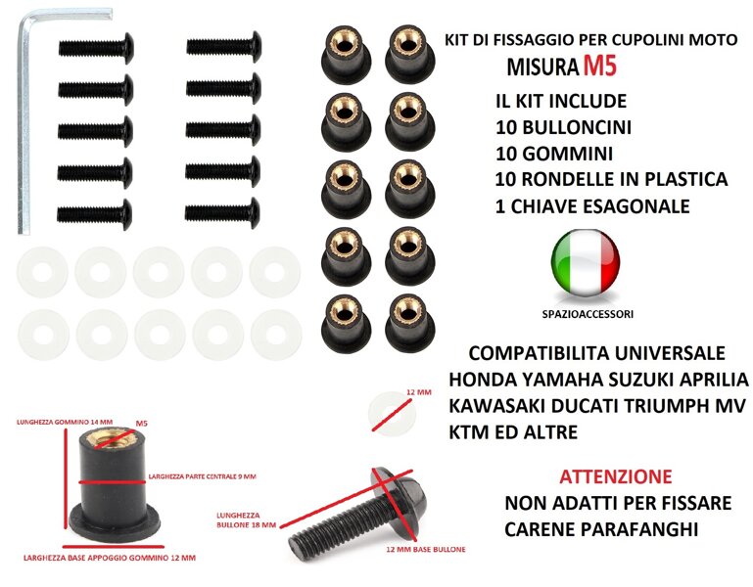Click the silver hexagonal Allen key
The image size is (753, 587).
[x=24, y=125]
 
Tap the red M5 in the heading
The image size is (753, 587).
[x=599, y=66]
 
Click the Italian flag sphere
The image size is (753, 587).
[x=585, y=262]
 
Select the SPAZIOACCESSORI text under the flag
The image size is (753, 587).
[x=588, y=314]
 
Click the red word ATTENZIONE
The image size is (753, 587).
[x=616, y=476]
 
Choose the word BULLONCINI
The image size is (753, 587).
[x=577, y=127]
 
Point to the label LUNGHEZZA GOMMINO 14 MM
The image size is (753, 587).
[x=65, y=423]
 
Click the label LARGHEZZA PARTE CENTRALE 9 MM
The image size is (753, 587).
[x=202, y=476]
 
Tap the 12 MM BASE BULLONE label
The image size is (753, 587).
[x=426, y=549]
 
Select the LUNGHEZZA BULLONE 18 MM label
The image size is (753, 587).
[x=247, y=519]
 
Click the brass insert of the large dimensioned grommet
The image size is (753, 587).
[x=114, y=438]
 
